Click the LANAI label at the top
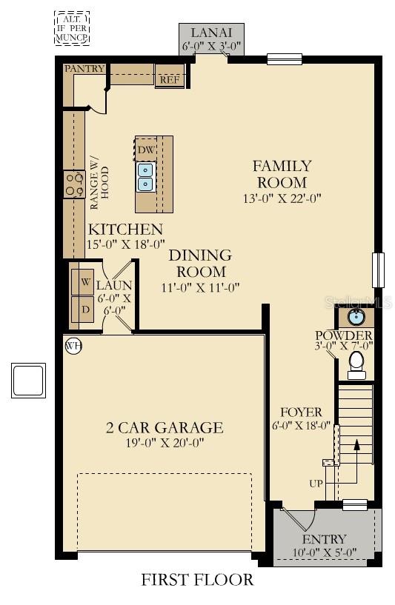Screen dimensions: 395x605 click(211, 32)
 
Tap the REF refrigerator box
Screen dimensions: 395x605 click(170, 76)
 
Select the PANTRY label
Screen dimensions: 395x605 click(84, 69)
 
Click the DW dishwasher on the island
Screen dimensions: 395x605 click(146, 150)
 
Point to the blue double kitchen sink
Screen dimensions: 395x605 click(146, 177)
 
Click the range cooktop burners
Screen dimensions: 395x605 click(74, 184)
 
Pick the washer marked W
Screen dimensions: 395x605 click(82, 282)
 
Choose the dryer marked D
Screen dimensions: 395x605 click(82, 310)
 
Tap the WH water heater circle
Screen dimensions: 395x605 click(73, 345)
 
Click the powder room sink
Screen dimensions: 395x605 click(355, 317)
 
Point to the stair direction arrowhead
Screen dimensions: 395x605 click(356, 444)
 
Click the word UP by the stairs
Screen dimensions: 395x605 click(316, 484)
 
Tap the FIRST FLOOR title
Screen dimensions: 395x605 click(197, 580)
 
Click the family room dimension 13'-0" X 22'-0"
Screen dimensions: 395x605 click(282, 198)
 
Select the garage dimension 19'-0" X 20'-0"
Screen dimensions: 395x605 click(165, 443)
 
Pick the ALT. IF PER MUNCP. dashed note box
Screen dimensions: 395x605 click(72, 29)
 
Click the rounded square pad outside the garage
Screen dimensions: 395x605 click(28, 381)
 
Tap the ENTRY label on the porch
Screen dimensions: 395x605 click(325, 539)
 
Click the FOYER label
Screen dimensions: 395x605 click(301, 412)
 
